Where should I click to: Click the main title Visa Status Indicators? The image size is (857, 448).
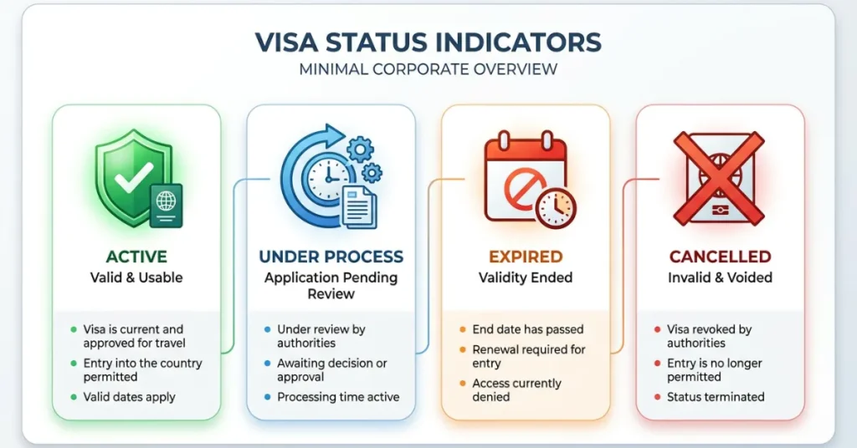click(x=428, y=42)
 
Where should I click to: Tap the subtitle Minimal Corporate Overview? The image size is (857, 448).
click(x=428, y=69)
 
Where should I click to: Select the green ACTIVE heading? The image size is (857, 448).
click(x=136, y=257)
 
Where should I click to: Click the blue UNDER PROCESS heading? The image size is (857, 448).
click(x=331, y=257)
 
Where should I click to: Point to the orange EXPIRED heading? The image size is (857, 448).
click(x=526, y=257)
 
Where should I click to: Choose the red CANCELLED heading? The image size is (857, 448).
click(x=720, y=257)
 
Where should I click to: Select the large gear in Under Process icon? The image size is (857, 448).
click(x=361, y=150)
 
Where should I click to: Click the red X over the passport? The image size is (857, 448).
click(x=720, y=178)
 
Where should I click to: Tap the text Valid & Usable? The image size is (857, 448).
click(x=136, y=277)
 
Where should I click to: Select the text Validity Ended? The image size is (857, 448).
click(x=526, y=277)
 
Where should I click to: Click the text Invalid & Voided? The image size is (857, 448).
click(x=720, y=277)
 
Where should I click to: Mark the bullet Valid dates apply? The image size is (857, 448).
click(x=129, y=397)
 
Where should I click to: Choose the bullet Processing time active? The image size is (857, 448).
click(x=338, y=397)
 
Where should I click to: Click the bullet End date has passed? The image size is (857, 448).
click(x=528, y=329)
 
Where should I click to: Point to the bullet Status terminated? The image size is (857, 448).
click(x=716, y=397)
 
